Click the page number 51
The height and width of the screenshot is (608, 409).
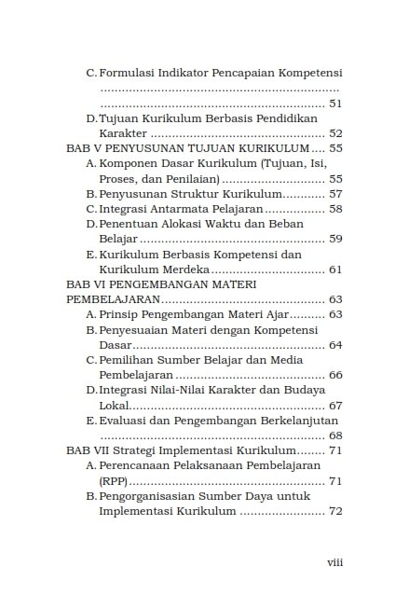click(336, 104)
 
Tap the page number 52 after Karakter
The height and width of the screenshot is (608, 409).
click(336, 133)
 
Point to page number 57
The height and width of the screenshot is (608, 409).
click(336, 194)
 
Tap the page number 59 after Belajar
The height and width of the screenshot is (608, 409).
click(336, 239)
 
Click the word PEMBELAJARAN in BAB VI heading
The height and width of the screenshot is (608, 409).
click(112, 300)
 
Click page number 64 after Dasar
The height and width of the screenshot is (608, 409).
click(336, 345)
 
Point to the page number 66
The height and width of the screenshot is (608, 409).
click(336, 375)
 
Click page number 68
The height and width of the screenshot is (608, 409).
click(336, 435)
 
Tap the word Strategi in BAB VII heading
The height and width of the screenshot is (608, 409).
click(136, 450)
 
